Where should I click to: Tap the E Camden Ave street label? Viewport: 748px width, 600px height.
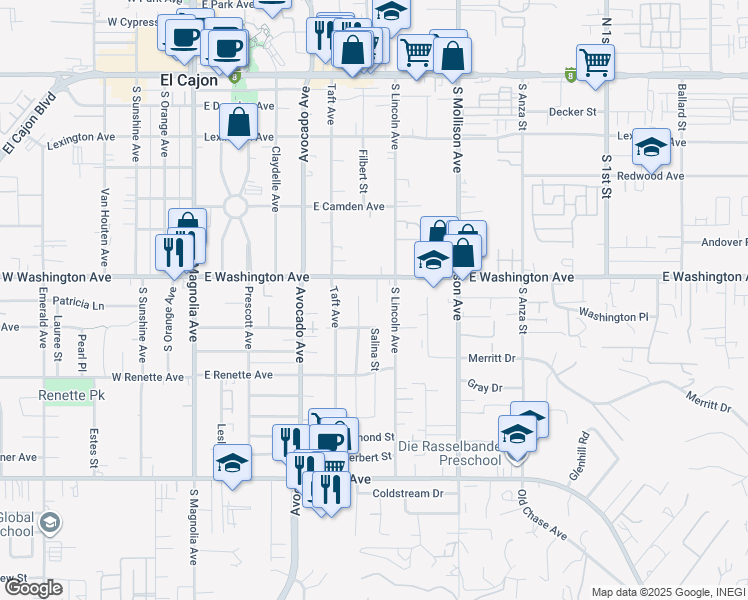[x=348, y=207]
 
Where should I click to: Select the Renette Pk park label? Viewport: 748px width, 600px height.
[x=71, y=396]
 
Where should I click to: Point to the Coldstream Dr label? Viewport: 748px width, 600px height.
[x=407, y=493]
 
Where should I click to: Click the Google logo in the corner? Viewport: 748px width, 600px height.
[x=33, y=588]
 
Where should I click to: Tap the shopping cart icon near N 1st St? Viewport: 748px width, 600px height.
[x=595, y=62]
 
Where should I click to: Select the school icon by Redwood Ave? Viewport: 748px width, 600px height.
[x=651, y=148]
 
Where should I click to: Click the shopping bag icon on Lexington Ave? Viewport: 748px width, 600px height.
[x=238, y=124]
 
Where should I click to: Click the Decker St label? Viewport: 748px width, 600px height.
[x=572, y=113]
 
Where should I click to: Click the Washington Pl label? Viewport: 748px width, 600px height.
[x=613, y=317]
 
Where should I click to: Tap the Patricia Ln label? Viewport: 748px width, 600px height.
[x=79, y=302]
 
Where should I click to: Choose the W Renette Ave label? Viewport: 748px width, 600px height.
[x=148, y=378]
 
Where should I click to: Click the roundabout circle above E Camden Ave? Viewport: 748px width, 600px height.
[x=235, y=206]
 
